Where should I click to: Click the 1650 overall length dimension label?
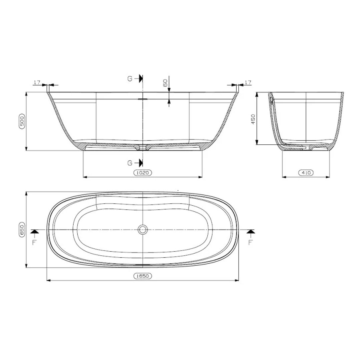coord(143,276)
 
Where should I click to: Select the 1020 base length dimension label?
coord(143,173)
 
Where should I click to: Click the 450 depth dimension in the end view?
coord(253,119)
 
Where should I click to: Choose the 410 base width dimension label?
coord(306,173)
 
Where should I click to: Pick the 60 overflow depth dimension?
coord(165,83)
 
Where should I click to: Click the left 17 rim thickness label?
coord(37,82)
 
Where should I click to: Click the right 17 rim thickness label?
coord(248,82)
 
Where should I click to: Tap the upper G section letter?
coord(130,79)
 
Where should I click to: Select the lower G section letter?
coord(130,163)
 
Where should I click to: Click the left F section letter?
coord(34,242)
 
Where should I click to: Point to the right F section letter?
coord(251,242)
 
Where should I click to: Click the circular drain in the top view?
coord(143,229)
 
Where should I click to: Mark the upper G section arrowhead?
coord(141,79)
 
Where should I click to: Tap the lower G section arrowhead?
coord(141,163)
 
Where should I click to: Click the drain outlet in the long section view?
coord(143,147)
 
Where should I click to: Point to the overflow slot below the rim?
coord(143,99)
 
